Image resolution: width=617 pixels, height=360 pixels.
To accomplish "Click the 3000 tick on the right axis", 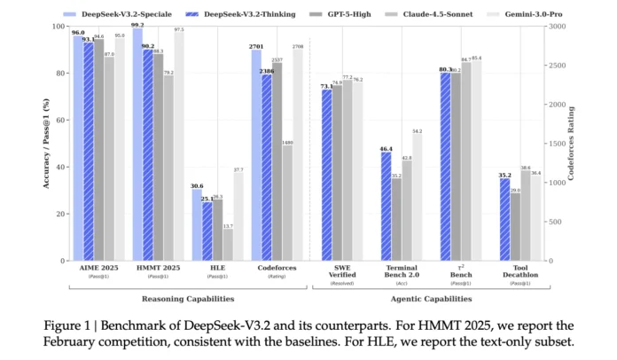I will click(558, 27).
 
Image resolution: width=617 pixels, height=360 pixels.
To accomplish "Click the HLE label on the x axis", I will click(217, 269).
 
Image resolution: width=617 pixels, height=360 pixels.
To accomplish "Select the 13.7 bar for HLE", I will click(228, 245).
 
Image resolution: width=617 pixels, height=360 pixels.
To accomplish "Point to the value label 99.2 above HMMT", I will click(137, 25).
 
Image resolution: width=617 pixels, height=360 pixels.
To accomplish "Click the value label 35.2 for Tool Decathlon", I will click(504, 175).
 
